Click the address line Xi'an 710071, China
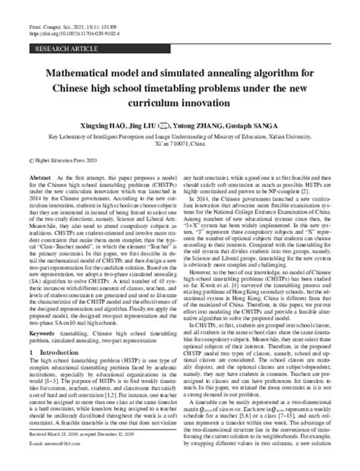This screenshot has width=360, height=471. tap(179, 147)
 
